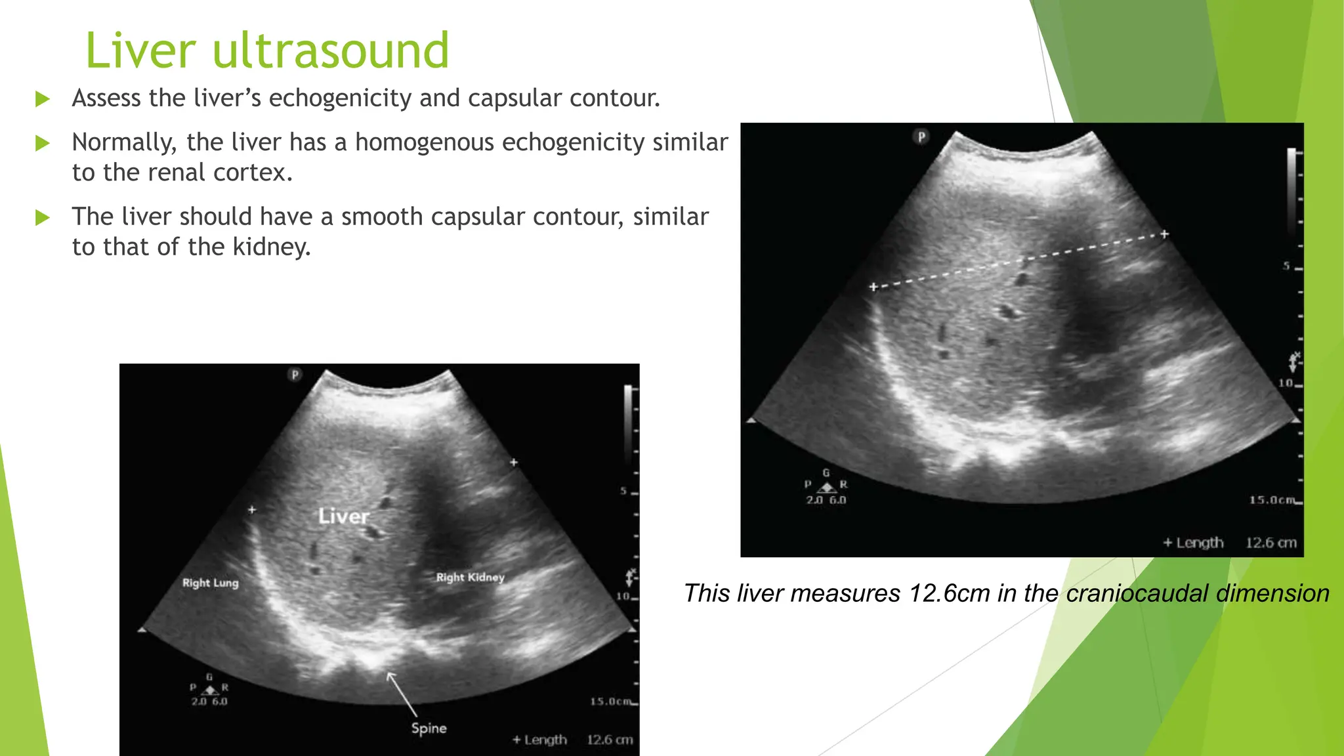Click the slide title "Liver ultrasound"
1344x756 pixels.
point(267,51)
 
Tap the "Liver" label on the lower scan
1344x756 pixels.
point(343,516)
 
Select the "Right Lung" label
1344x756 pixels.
point(210,583)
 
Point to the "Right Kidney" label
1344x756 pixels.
point(470,577)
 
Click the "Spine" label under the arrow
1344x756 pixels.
point(429,728)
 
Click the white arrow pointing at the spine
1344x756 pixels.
point(402,694)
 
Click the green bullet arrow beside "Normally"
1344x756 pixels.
point(43,143)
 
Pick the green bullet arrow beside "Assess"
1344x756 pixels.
point(43,99)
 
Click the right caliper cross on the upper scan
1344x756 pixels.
point(1164,234)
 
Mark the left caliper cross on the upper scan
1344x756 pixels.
point(873,287)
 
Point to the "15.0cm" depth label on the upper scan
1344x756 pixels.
point(1272,500)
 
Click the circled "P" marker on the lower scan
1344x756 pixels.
point(295,375)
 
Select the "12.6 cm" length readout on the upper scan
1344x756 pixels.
point(1270,543)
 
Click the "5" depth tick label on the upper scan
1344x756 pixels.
point(1286,266)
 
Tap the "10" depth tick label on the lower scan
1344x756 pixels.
point(622,597)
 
